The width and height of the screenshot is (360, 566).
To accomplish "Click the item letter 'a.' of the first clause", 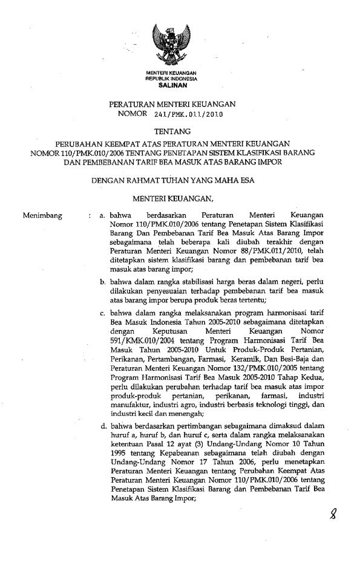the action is pos(103,215).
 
